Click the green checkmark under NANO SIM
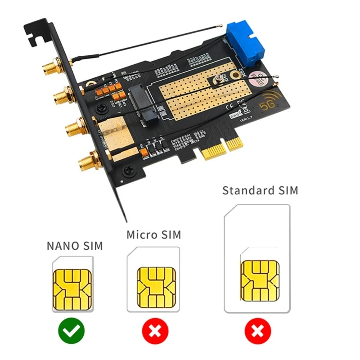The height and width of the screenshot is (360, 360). click(x=71, y=332)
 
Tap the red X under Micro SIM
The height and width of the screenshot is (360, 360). click(x=155, y=332)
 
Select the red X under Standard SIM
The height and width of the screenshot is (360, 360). click(x=257, y=332)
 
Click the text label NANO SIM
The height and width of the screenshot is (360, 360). click(x=75, y=246)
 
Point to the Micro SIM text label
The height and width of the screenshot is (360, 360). click(x=153, y=234)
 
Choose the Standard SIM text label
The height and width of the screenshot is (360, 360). click(x=260, y=190)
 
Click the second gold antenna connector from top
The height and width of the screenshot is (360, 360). click(x=61, y=96)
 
